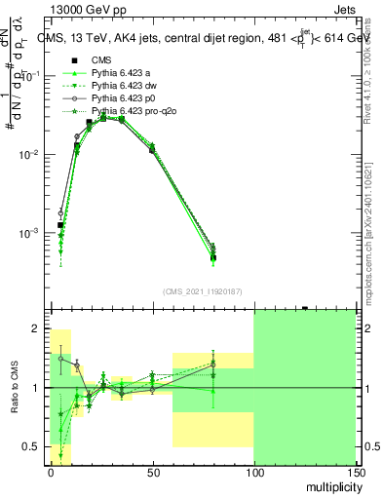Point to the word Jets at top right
tap(357, 10)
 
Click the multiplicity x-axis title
tap(331, 487)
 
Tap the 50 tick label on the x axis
tap(151, 472)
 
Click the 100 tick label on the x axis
tap(253, 472)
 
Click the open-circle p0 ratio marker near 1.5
tap(60, 359)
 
